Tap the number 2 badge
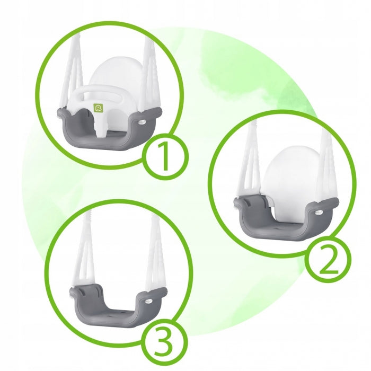pos(329,259)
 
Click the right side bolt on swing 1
pos(142,122)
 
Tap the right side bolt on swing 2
pos(318,212)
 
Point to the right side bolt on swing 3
pos(148,301)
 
